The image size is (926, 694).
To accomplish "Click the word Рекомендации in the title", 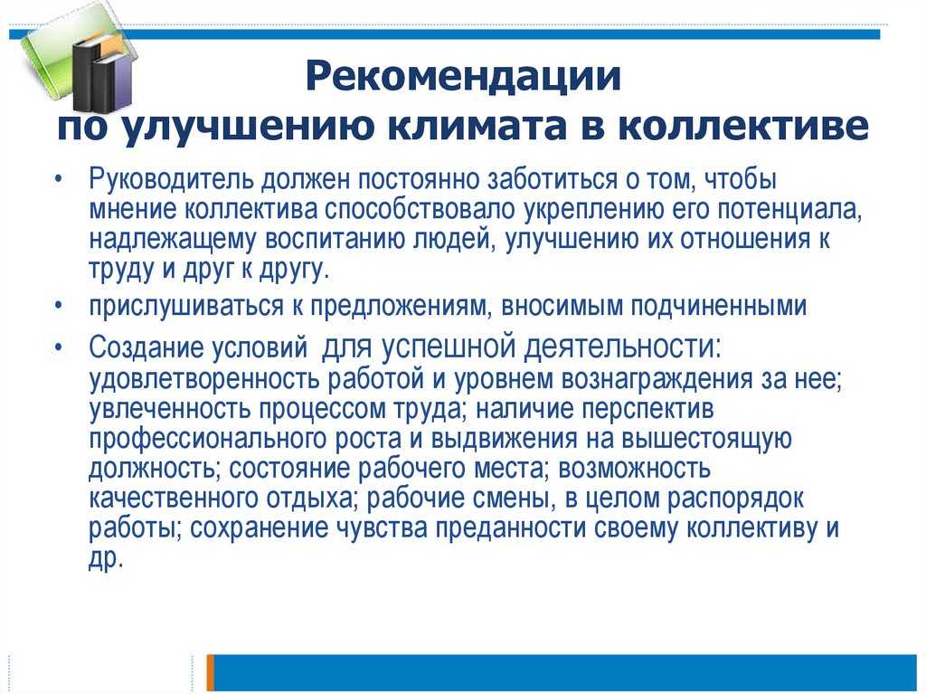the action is click(x=463, y=77).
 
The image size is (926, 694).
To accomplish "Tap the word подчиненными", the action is click(x=718, y=307).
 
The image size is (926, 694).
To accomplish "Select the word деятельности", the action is click(x=622, y=347).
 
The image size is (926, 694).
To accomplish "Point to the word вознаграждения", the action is click(x=657, y=379).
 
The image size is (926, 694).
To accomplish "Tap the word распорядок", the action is click(x=735, y=499).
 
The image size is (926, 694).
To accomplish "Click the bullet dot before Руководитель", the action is click(x=58, y=178).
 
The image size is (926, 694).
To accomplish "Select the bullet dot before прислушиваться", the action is click(x=58, y=305).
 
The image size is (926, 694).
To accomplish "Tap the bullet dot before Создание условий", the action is click(x=58, y=347).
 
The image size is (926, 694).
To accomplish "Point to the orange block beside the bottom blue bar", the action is click(x=210, y=672).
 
